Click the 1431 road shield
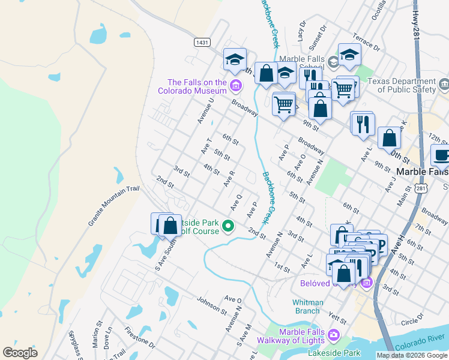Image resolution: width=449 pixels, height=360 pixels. click(202, 42)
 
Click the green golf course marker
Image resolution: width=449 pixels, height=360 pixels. click(228, 226)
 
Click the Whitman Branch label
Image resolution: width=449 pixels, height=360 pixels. click(307, 307)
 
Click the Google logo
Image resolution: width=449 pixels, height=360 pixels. click(20, 353)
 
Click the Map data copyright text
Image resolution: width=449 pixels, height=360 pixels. click(411, 355)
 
